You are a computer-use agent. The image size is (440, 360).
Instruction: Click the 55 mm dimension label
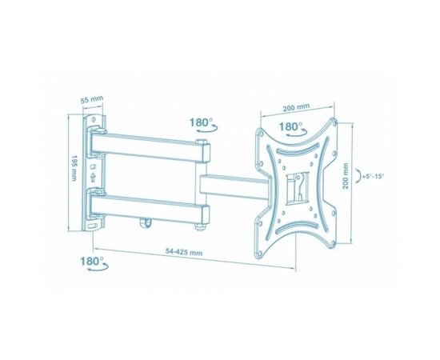tap(92, 100)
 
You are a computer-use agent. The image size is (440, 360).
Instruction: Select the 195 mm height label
tap(74, 167)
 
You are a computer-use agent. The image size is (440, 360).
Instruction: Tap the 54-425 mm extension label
tap(184, 252)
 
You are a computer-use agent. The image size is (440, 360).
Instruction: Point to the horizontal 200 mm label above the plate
tap(296, 107)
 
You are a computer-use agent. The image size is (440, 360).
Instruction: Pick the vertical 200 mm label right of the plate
tap(346, 176)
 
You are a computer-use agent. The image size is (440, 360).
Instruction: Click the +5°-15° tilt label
tap(373, 177)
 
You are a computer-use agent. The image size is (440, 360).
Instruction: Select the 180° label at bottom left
tap(92, 261)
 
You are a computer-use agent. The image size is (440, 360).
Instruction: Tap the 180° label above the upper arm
tap(201, 122)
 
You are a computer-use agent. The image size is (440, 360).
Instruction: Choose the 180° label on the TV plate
tap(290, 126)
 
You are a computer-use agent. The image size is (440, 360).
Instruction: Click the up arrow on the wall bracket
tap(93, 177)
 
